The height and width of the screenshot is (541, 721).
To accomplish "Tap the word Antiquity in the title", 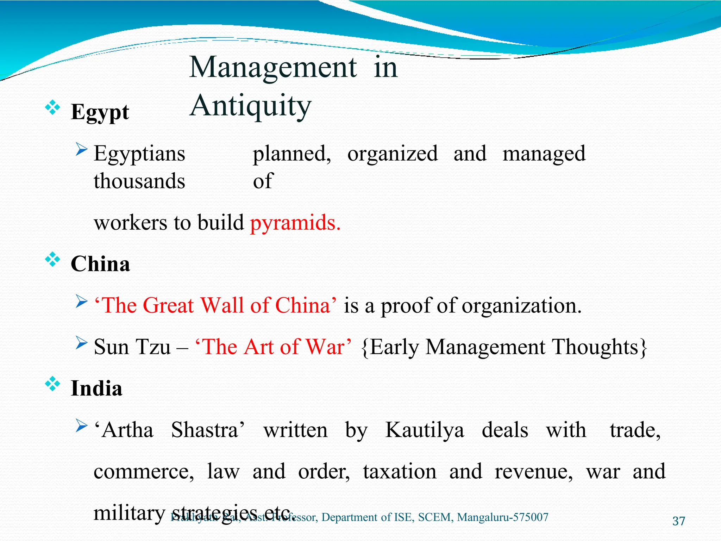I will pyautogui.click(x=251, y=106).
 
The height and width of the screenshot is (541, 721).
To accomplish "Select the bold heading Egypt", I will pyautogui.click(x=100, y=112).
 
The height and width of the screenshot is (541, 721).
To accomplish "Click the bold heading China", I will pyautogui.click(x=100, y=264).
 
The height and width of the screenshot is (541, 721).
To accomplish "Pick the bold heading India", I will pyautogui.click(x=96, y=388).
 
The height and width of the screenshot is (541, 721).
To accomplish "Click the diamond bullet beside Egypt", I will pyautogui.click(x=52, y=107).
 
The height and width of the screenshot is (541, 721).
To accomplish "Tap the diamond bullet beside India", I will pyautogui.click(x=52, y=384).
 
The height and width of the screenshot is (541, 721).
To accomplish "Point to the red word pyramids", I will pyautogui.click(x=295, y=223).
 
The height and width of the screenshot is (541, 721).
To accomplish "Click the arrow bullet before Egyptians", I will pyautogui.click(x=81, y=150).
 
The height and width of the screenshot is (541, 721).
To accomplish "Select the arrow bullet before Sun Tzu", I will pyautogui.click(x=81, y=343).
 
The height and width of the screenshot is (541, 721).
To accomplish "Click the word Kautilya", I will pyautogui.click(x=425, y=430).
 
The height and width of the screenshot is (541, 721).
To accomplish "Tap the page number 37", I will pyautogui.click(x=678, y=521).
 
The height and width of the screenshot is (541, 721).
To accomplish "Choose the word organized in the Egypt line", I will pyautogui.click(x=393, y=154).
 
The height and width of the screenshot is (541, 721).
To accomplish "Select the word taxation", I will pyautogui.click(x=400, y=472).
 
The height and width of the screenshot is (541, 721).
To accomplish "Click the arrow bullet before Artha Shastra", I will pyautogui.click(x=81, y=426).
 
